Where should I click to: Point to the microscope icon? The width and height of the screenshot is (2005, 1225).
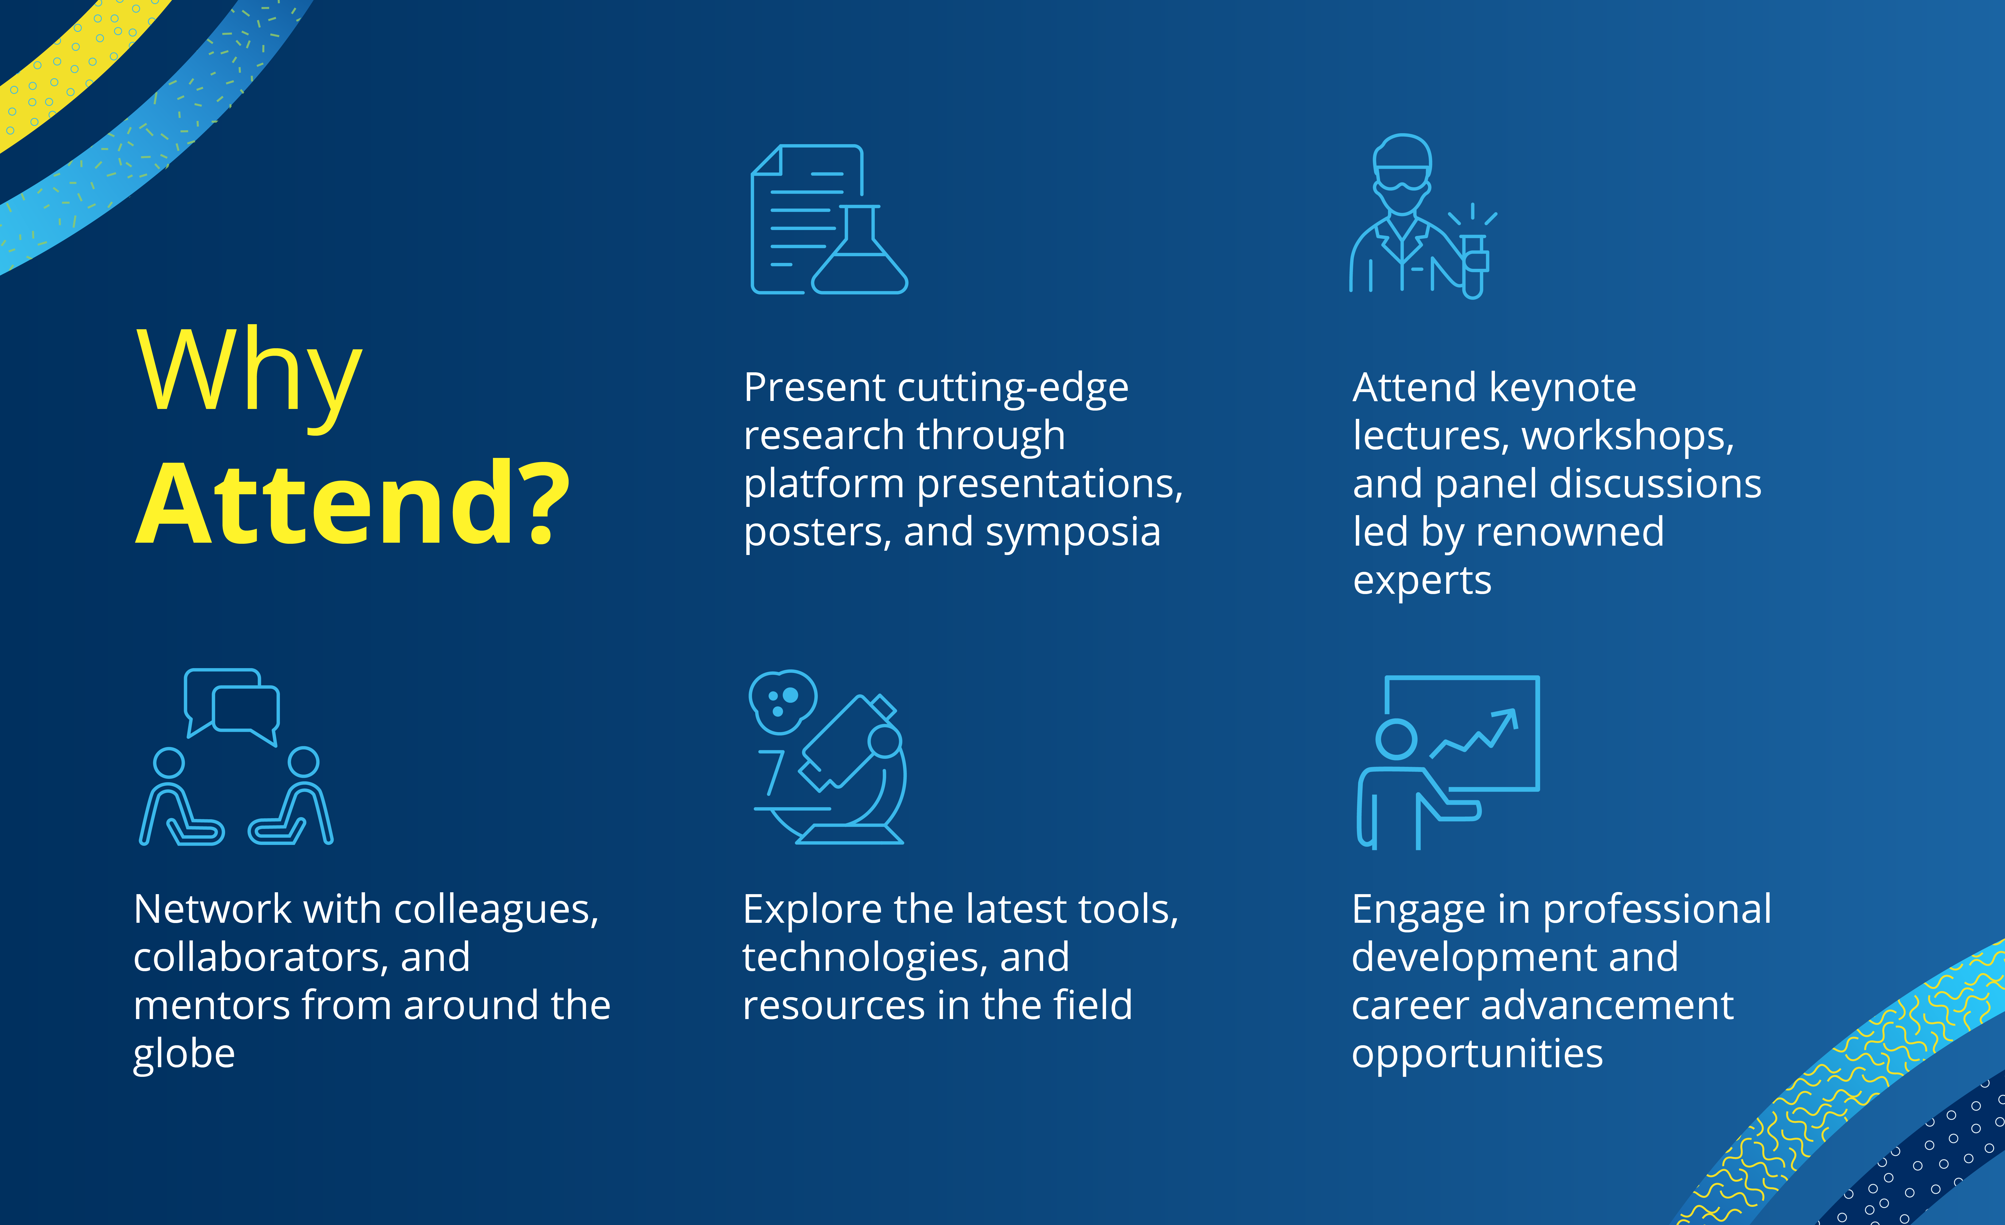point(828,757)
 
